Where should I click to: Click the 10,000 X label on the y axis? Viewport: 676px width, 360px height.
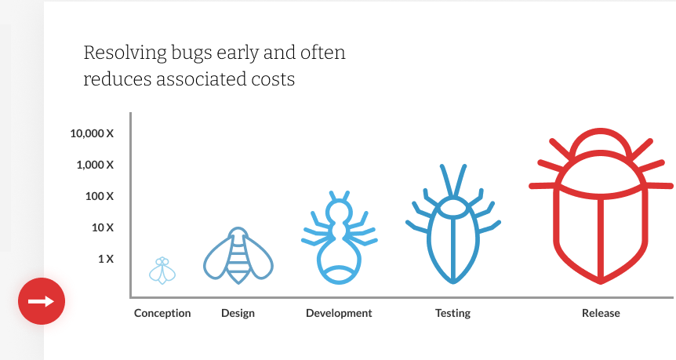pyautogui.click(x=92, y=133)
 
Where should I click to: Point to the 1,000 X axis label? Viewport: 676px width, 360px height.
pyautogui.click(x=95, y=165)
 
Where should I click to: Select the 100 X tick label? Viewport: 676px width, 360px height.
pyautogui.click(x=99, y=196)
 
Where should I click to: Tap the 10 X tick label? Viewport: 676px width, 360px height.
pyautogui.click(x=103, y=227)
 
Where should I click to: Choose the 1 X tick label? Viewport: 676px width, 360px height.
pyautogui.click(x=106, y=259)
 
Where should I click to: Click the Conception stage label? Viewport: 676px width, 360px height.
pyautogui.click(x=162, y=314)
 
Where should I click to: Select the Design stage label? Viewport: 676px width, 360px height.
pyautogui.click(x=238, y=314)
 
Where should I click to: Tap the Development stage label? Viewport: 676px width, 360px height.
pyautogui.click(x=339, y=314)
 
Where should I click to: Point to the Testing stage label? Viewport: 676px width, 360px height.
pyautogui.click(x=452, y=314)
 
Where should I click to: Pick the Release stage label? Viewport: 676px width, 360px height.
pyautogui.click(x=601, y=314)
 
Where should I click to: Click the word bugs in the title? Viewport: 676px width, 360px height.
pyautogui.click(x=191, y=53)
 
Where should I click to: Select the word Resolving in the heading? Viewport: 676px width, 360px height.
pyautogui.click(x=125, y=53)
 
